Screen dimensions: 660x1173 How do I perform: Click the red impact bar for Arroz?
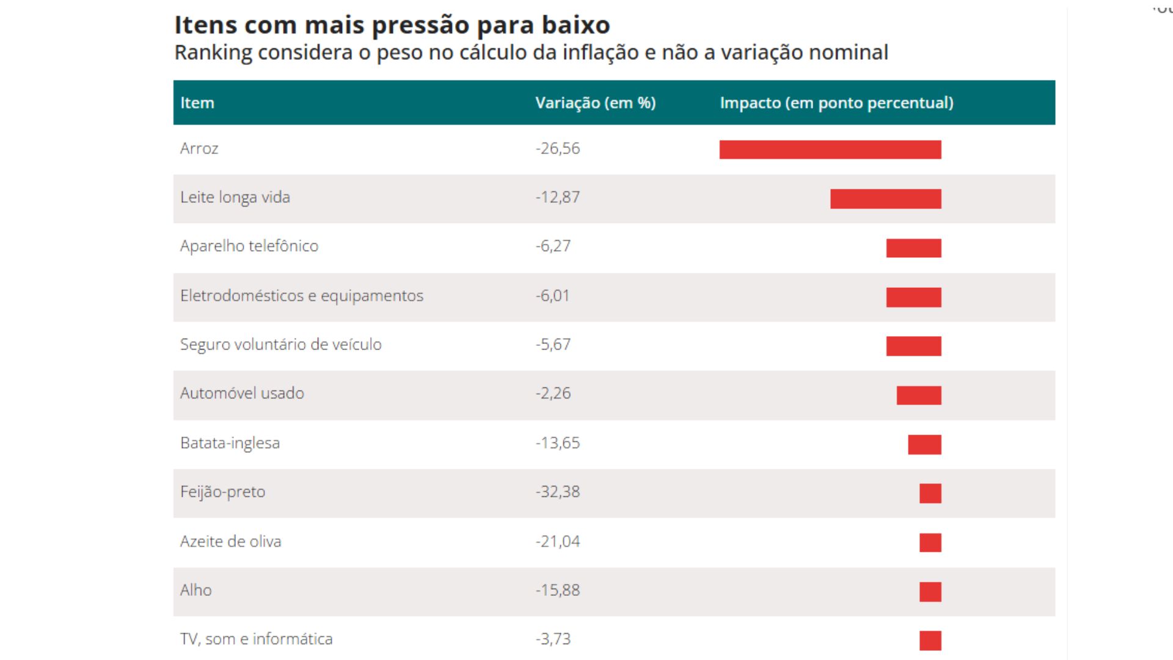[x=830, y=150]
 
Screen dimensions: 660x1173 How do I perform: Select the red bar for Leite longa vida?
[x=886, y=199]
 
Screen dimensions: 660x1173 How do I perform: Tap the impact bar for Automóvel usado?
[x=919, y=395]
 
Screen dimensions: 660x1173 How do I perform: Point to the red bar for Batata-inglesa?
[x=924, y=444]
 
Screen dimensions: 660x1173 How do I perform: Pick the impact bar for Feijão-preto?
[x=930, y=493]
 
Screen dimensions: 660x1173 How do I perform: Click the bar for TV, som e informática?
[x=930, y=640]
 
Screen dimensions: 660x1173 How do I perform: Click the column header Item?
[x=197, y=103]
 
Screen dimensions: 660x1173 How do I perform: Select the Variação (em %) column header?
[x=595, y=103]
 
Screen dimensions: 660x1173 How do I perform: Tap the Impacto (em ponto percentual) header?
[x=836, y=103]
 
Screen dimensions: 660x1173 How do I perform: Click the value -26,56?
[x=558, y=148]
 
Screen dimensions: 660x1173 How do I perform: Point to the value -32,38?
[x=558, y=492]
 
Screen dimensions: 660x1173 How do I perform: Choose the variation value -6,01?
[x=553, y=296]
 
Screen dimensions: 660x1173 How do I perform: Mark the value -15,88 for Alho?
[x=558, y=590]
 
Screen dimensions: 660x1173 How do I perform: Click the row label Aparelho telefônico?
[x=249, y=246]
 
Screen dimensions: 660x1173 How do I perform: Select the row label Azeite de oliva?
[x=230, y=541]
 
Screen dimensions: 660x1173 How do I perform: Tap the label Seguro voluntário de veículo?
[x=280, y=345]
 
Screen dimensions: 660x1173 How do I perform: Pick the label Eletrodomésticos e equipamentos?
[x=301, y=296]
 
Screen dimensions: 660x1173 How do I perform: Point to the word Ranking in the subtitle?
[x=213, y=53]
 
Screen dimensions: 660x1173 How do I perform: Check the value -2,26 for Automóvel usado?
[x=553, y=394]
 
